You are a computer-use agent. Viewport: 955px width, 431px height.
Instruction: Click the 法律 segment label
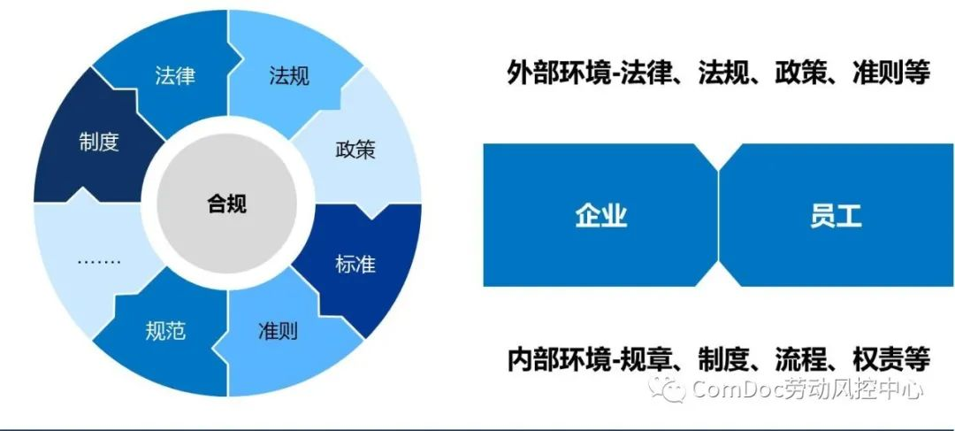click(x=174, y=76)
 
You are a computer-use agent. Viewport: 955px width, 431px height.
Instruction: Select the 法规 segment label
click(x=289, y=76)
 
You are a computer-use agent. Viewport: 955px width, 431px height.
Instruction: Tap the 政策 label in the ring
click(x=355, y=149)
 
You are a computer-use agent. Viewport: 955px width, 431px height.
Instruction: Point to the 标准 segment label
click(x=355, y=264)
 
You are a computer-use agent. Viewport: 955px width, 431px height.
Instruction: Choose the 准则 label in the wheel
click(x=278, y=332)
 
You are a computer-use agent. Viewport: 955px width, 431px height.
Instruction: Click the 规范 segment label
click(x=165, y=332)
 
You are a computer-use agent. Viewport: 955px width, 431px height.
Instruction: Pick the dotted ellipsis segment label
click(x=99, y=261)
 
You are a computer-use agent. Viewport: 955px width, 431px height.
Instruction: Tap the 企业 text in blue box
click(x=601, y=215)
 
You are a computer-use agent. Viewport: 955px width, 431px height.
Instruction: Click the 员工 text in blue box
click(x=835, y=215)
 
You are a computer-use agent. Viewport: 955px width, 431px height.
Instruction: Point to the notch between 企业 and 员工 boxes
click(x=718, y=215)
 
